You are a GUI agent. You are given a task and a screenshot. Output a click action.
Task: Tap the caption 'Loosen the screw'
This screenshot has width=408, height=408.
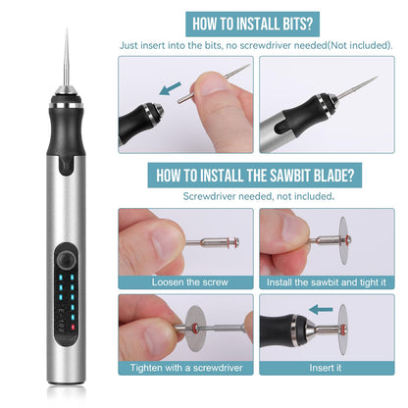tap(184, 281)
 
